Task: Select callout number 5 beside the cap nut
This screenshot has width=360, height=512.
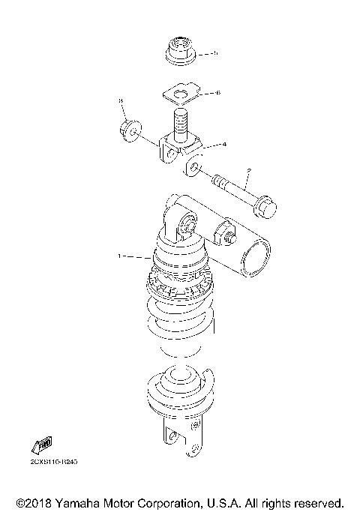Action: pos(215,53)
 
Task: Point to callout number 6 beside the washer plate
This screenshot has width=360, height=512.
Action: pos(217,93)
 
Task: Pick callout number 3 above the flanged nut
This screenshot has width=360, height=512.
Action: pos(119,100)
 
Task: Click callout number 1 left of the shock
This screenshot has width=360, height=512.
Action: pos(118,257)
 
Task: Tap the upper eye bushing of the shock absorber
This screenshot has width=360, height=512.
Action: pos(185,224)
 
